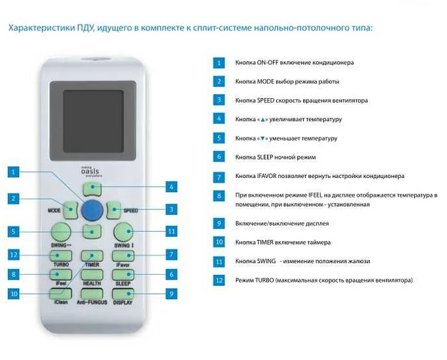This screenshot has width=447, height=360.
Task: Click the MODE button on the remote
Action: click(71, 210)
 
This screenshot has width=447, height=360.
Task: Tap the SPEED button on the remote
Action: click(113, 210)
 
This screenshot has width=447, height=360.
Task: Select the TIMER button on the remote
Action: click(92, 256)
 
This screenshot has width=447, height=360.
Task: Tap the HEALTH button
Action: click(92, 275)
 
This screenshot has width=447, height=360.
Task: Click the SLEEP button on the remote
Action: click(123, 275)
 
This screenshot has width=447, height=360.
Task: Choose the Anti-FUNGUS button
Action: click(92, 294)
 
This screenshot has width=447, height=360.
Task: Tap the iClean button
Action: click(61, 294)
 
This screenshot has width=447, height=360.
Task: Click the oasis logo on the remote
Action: click(90, 171)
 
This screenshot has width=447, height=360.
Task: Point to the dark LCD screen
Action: click(93, 122)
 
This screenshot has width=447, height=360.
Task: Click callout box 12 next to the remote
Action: click(14, 255)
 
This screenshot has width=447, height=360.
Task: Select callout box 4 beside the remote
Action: click(171, 187)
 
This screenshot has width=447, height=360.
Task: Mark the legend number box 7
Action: click(219, 177)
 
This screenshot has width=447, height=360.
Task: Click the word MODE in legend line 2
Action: click(266, 82)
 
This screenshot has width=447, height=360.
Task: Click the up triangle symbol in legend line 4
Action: click(262, 120)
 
